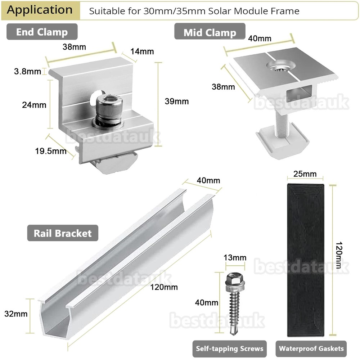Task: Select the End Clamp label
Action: click(42, 32)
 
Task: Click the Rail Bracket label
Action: click(63, 233)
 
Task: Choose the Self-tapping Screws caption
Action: click(229, 348)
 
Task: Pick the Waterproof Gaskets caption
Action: click(311, 348)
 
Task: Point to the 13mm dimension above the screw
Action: click(235, 257)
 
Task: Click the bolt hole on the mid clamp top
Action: click(280, 66)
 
